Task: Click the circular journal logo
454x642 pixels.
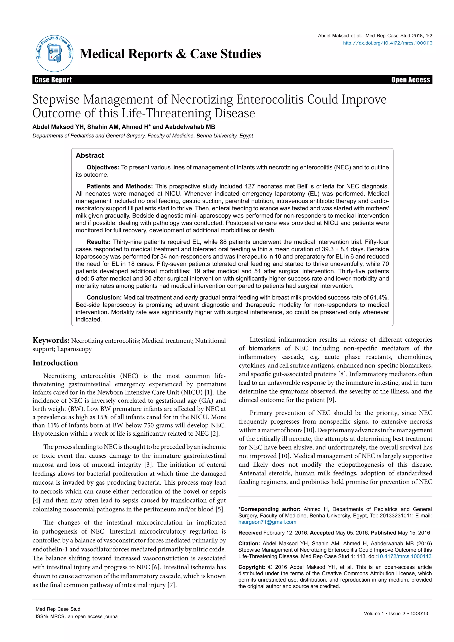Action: point(55,54)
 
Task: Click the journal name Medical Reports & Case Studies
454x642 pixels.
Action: point(170,54)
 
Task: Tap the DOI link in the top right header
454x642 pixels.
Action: point(387,43)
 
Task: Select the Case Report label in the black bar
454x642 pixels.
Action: point(53,80)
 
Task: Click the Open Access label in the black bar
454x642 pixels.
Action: point(410,80)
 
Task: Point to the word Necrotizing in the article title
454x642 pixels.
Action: point(202,100)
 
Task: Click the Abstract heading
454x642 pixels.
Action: point(90,155)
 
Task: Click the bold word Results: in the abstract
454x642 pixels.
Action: point(98,242)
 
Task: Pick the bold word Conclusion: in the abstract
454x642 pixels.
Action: point(104,298)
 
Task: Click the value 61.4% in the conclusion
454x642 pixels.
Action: point(379,298)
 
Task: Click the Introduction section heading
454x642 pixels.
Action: point(55,363)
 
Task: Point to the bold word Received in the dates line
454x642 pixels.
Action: point(250,533)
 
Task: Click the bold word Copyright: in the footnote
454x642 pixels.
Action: point(252,567)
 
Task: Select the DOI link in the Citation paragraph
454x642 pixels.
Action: point(404,556)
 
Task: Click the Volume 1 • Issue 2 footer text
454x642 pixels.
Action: point(395,613)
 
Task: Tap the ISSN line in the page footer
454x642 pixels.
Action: point(77,617)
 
